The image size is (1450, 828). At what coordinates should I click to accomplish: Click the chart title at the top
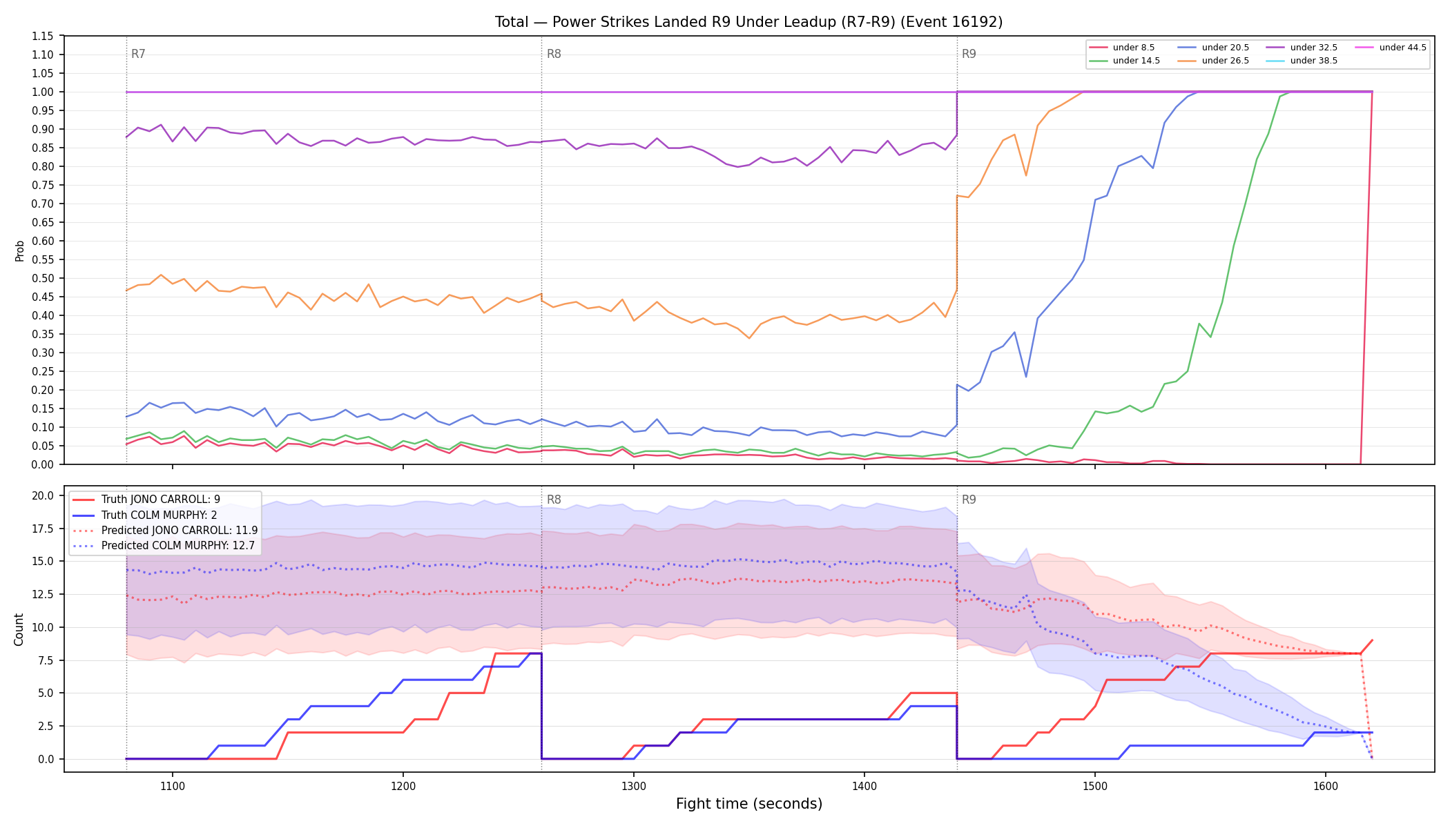pyautogui.click(x=748, y=22)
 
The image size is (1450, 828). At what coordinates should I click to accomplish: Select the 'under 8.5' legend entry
pyautogui.click(x=1121, y=48)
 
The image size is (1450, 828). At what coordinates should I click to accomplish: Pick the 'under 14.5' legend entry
pyautogui.click(x=1124, y=61)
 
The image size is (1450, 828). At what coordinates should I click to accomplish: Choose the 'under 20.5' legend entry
pyautogui.click(x=1213, y=48)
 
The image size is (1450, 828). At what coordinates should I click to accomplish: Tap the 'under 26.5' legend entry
pyautogui.click(x=1213, y=61)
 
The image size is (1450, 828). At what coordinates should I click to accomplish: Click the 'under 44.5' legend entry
pyautogui.click(x=1391, y=48)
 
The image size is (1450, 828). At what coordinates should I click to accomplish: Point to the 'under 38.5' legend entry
pyautogui.click(x=1302, y=61)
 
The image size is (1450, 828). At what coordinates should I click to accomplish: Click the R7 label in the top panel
pyautogui.click(x=138, y=54)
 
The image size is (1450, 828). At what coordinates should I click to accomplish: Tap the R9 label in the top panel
pyautogui.click(x=969, y=54)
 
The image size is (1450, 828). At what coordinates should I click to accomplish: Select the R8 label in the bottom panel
pyautogui.click(x=554, y=500)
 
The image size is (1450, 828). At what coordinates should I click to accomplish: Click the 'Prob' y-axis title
pyautogui.click(x=20, y=250)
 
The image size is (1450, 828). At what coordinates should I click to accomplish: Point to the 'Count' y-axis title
pyautogui.click(x=19, y=629)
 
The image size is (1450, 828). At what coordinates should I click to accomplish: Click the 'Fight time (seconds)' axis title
pyautogui.click(x=749, y=804)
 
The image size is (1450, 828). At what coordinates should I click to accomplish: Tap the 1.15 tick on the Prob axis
pyautogui.click(x=43, y=36)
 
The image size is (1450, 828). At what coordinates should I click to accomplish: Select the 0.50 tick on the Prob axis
pyautogui.click(x=43, y=278)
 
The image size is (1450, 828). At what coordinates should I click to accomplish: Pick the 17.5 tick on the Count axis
pyautogui.click(x=43, y=529)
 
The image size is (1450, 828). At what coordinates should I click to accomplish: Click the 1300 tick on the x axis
pyautogui.click(x=634, y=785)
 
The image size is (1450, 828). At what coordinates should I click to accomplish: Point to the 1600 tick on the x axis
pyautogui.click(x=1326, y=785)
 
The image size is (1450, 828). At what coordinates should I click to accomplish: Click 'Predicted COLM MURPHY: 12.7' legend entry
pyautogui.click(x=165, y=545)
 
